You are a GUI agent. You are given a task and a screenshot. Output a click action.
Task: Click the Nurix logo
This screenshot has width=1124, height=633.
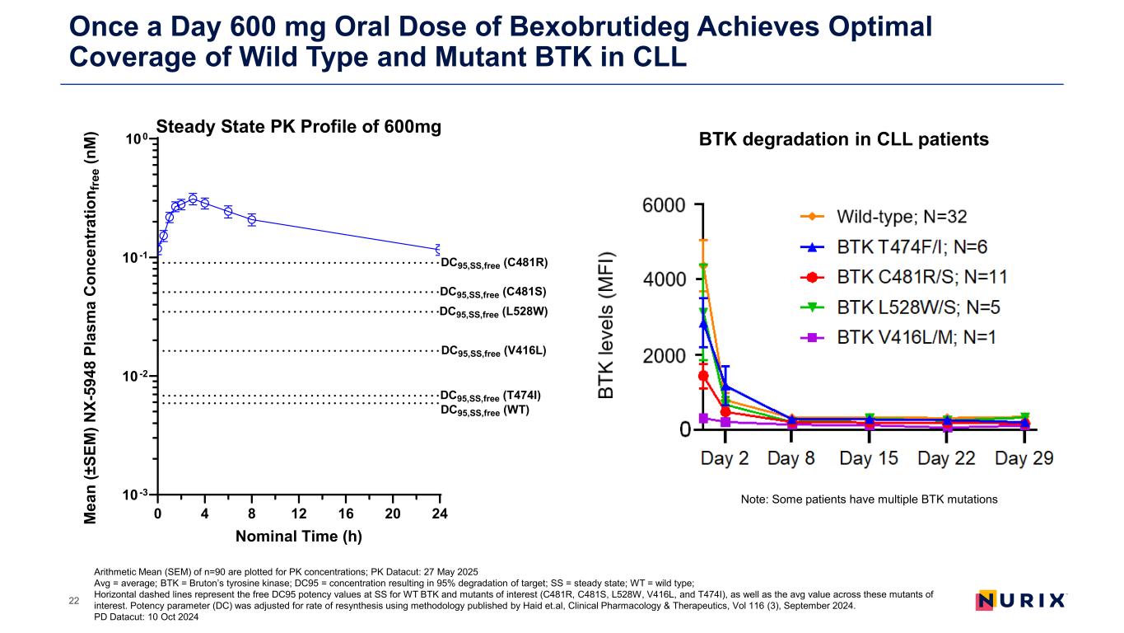click(1020, 600)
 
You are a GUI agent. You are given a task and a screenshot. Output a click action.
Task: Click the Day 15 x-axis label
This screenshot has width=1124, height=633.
click(869, 458)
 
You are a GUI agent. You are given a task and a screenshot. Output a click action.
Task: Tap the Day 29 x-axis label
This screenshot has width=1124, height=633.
click(1024, 458)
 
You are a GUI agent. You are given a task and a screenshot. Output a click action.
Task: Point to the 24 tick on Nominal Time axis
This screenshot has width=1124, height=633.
click(439, 513)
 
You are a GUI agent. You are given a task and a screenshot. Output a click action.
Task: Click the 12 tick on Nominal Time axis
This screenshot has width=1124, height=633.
click(299, 513)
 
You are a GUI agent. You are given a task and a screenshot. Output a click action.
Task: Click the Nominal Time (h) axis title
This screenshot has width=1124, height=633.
click(298, 536)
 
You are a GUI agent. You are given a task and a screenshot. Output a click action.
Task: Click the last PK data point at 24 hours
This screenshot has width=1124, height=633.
click(439, 249)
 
